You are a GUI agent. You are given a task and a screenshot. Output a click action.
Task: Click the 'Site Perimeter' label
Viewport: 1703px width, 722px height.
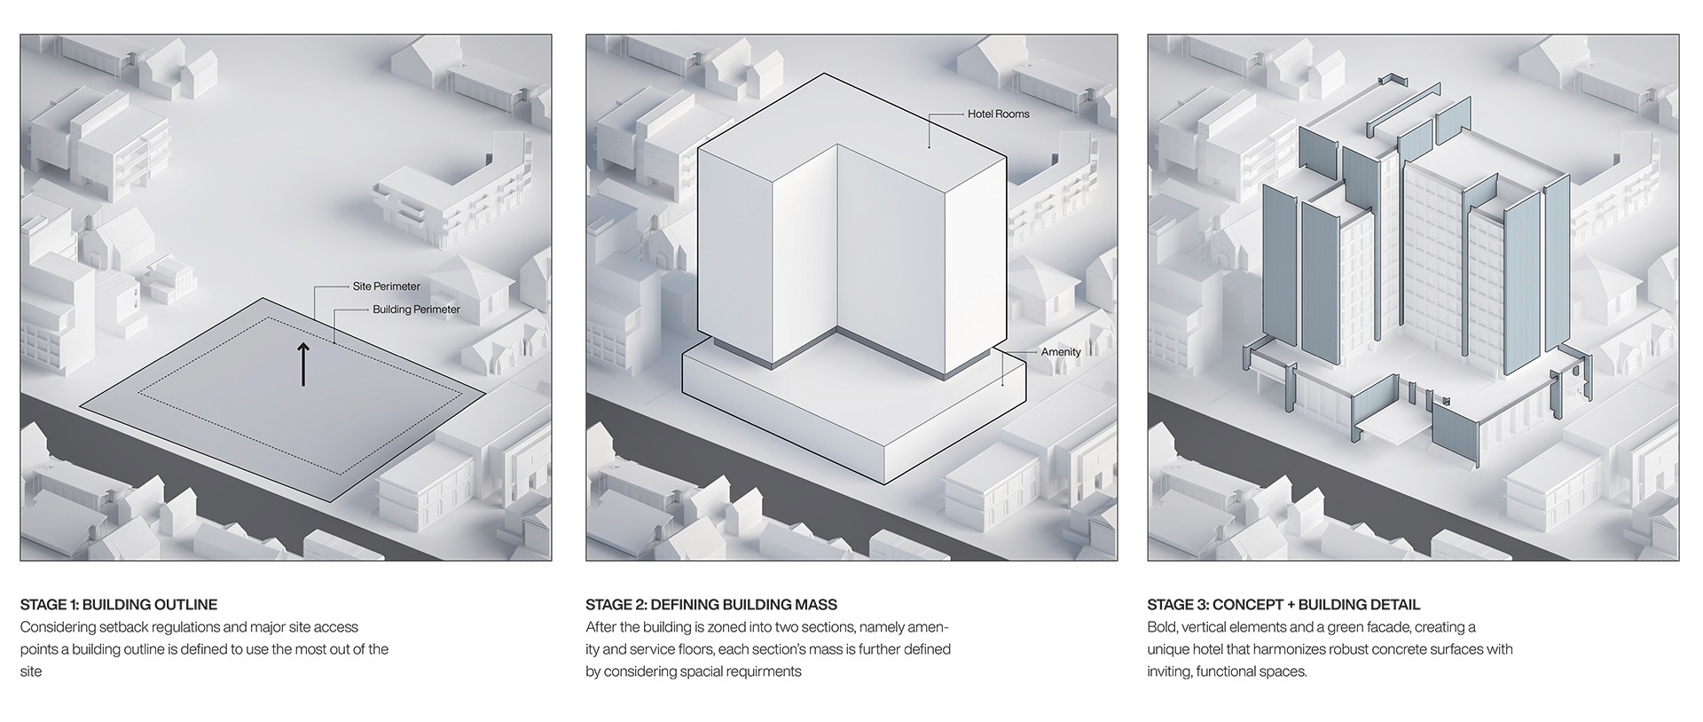(x=386, y=286)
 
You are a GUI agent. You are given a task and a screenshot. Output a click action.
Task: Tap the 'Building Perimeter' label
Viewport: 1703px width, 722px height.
(x=416, y=310)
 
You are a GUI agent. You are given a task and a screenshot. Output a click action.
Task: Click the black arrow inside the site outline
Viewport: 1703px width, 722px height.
(x=303, y=364)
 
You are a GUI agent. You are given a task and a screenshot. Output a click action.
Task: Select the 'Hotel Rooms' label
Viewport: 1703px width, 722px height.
(x=998, y=114)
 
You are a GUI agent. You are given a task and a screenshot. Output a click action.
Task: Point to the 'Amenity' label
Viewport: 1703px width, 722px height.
(x=1061, y=352)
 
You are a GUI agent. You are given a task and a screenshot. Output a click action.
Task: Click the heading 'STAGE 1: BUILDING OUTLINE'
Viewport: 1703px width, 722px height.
(x=119, y=605)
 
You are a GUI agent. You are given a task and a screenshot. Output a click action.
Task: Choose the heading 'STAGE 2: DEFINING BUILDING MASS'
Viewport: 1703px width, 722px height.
(x=711, y=605)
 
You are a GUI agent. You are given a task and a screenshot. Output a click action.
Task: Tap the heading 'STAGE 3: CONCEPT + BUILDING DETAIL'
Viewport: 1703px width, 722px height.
(x=1283, y=605)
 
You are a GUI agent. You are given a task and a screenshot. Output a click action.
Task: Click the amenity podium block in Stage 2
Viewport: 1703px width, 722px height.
(x=851, y=408)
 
